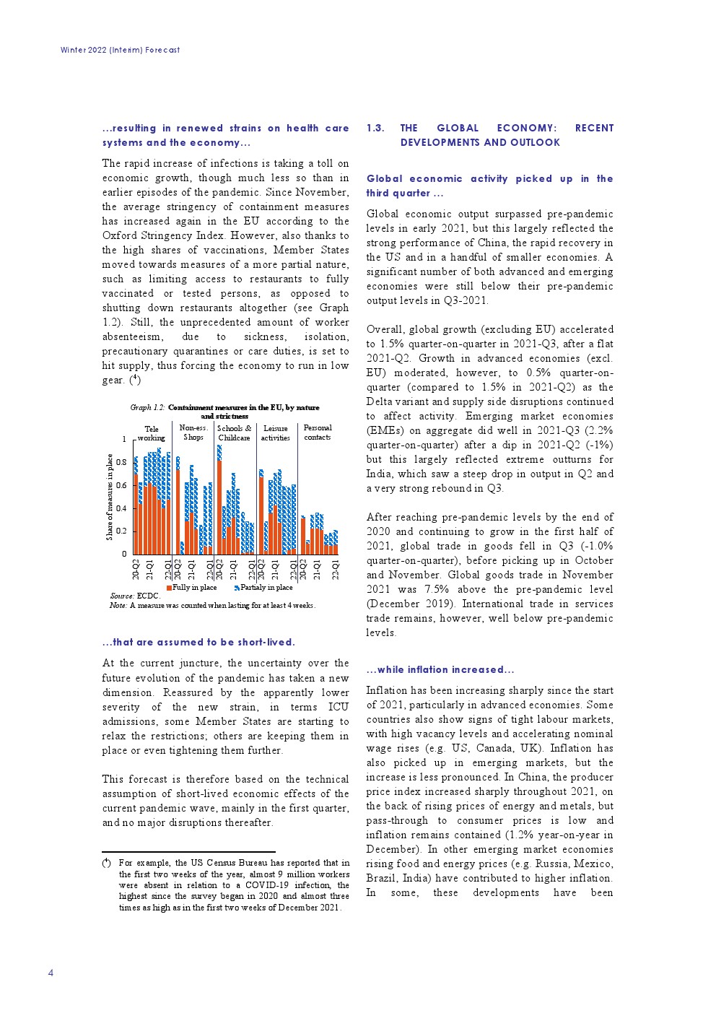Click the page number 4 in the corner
[51, 973]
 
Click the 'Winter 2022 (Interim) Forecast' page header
[120, 50]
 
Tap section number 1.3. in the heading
[375, 128]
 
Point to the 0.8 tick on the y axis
[122, 462]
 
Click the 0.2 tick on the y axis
[122, 531]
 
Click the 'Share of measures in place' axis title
[110, 497]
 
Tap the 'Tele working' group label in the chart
[151, 433]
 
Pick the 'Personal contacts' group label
[317, 432]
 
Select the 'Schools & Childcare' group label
[234, 432]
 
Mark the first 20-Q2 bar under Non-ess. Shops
[178, 505]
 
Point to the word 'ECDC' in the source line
[147, 596]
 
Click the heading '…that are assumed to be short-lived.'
[198, 642]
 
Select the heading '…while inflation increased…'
[440, 669]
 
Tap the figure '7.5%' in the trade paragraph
[437, 589]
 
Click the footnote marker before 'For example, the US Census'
[106, 863]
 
